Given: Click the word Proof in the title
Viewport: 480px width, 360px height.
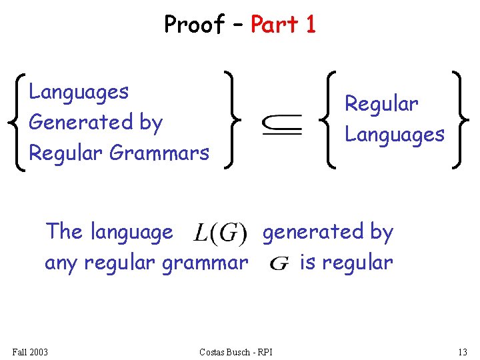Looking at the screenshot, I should click(195, 25).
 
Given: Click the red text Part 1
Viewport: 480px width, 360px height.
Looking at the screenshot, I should click(283, 25).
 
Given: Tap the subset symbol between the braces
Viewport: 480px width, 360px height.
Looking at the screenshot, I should click(283, 125).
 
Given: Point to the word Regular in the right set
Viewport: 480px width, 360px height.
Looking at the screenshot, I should click(381, 104).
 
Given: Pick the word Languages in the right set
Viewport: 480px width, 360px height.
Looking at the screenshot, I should click(394, 135).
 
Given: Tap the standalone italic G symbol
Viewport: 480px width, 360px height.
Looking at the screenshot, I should click(279, 263).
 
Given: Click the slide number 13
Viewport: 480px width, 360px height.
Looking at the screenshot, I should click(463, 351).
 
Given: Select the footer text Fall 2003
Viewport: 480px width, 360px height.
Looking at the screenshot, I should click(30, 351).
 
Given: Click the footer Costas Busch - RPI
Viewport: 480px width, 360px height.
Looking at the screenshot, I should click(236, 351).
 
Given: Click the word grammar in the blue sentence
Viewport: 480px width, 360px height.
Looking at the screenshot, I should click(205, 263).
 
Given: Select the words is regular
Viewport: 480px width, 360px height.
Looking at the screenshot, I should click(346, 263).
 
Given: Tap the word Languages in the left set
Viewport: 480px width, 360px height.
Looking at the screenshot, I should click(79, 92).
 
